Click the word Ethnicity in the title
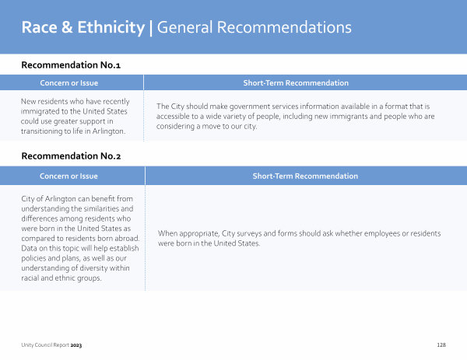tap(111, 28)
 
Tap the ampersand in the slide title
tap(67, 27)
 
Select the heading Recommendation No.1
tap(71, 65)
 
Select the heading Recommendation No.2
tap(71, 156)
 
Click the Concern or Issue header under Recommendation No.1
tap(69, 83)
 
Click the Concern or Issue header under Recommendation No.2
tap(68, 177)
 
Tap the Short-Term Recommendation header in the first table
tap(296, 83)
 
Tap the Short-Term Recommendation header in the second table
tap(305, 177)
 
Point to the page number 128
tap(441, 344)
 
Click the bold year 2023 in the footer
tap(76, 345)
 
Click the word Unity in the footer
tap(27, 345)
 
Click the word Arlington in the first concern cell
tap(109, 131)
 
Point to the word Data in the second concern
tap(29, 248)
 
